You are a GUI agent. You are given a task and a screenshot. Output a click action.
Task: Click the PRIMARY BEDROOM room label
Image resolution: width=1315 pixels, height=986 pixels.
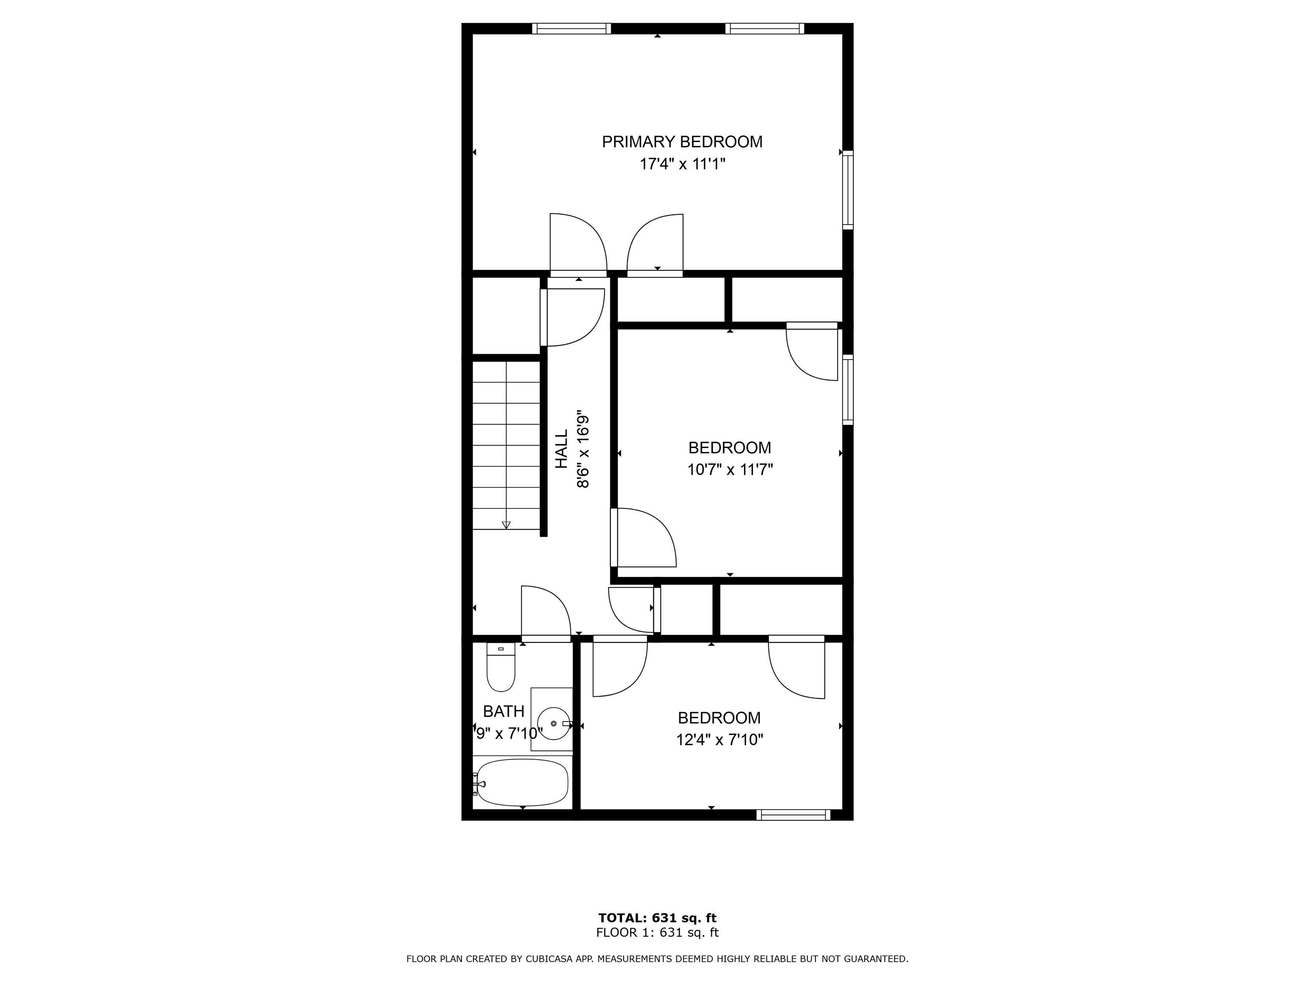coord(682,142)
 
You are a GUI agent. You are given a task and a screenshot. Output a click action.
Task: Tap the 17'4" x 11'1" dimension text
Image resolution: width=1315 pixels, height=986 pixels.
coord(682,164)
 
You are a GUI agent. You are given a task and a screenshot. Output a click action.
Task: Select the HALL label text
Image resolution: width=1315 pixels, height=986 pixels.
coord(562,449)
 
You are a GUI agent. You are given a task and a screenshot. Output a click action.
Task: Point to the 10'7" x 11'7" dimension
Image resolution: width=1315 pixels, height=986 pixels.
coord(730,470)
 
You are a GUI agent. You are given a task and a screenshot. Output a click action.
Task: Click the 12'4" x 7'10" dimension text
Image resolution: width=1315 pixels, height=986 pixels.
coord(719,740)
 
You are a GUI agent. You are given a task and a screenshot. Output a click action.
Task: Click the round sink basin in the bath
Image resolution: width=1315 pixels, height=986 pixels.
coord(554,723)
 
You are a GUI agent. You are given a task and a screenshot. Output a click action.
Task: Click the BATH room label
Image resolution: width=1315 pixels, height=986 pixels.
coord(503,711)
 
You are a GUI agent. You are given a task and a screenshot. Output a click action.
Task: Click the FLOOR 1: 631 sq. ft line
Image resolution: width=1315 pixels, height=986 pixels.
coord(657,933)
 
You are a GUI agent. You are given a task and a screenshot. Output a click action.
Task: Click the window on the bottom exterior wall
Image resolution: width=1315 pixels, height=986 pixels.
coord(793,815)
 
